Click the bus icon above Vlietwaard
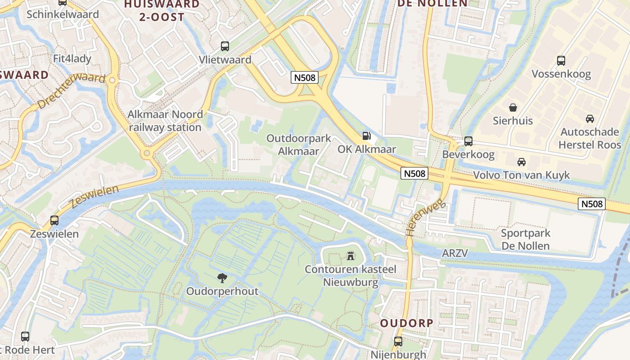225,46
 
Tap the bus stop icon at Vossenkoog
561,60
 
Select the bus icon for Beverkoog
468,141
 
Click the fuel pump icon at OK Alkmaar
367,135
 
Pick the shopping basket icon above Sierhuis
513,107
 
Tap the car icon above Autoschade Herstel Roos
589,119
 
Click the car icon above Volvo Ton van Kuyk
521,162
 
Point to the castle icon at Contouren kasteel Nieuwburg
350,256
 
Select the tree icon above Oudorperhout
222,278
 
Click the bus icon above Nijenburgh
398,341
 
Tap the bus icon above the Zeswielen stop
54,220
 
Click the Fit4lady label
72,58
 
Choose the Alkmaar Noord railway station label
165,121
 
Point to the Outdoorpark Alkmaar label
298,144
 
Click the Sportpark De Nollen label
525,239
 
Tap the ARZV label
454,253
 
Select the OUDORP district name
406,323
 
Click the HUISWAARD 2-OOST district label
161,10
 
